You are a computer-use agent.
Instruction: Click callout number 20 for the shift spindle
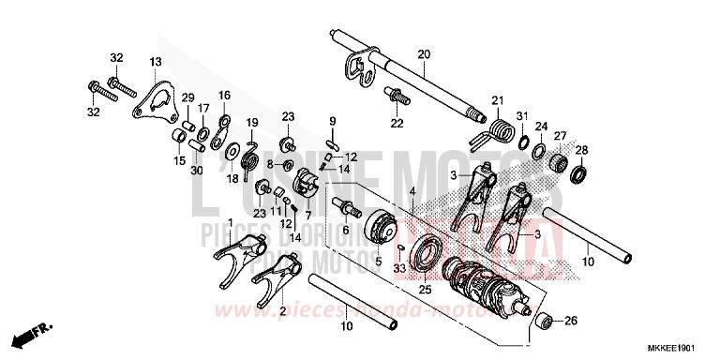(x=423, y=54)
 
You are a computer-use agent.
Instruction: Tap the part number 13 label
(x=155, y=62)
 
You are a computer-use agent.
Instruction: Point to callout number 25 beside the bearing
(x=425, y=291)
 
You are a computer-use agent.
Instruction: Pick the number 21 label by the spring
(x=497, y=100)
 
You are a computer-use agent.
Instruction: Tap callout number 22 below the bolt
(x=397, y=124)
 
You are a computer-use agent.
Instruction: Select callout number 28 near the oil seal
(x=581, y=151)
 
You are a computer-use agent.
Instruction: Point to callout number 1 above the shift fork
(x=231, y=223)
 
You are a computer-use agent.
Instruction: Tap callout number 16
(x=224, y=95)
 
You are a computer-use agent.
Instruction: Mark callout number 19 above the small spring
(x=252, y=123)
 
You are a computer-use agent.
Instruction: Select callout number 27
(x=560, y=136)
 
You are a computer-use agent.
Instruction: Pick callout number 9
(x=331, y=121)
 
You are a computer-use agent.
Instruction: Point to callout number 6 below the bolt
(x=345, y=230)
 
